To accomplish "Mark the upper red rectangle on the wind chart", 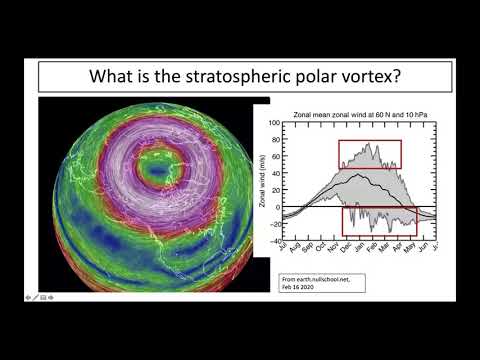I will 369,154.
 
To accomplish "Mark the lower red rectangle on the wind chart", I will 379,221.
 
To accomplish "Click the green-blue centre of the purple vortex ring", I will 155,170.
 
